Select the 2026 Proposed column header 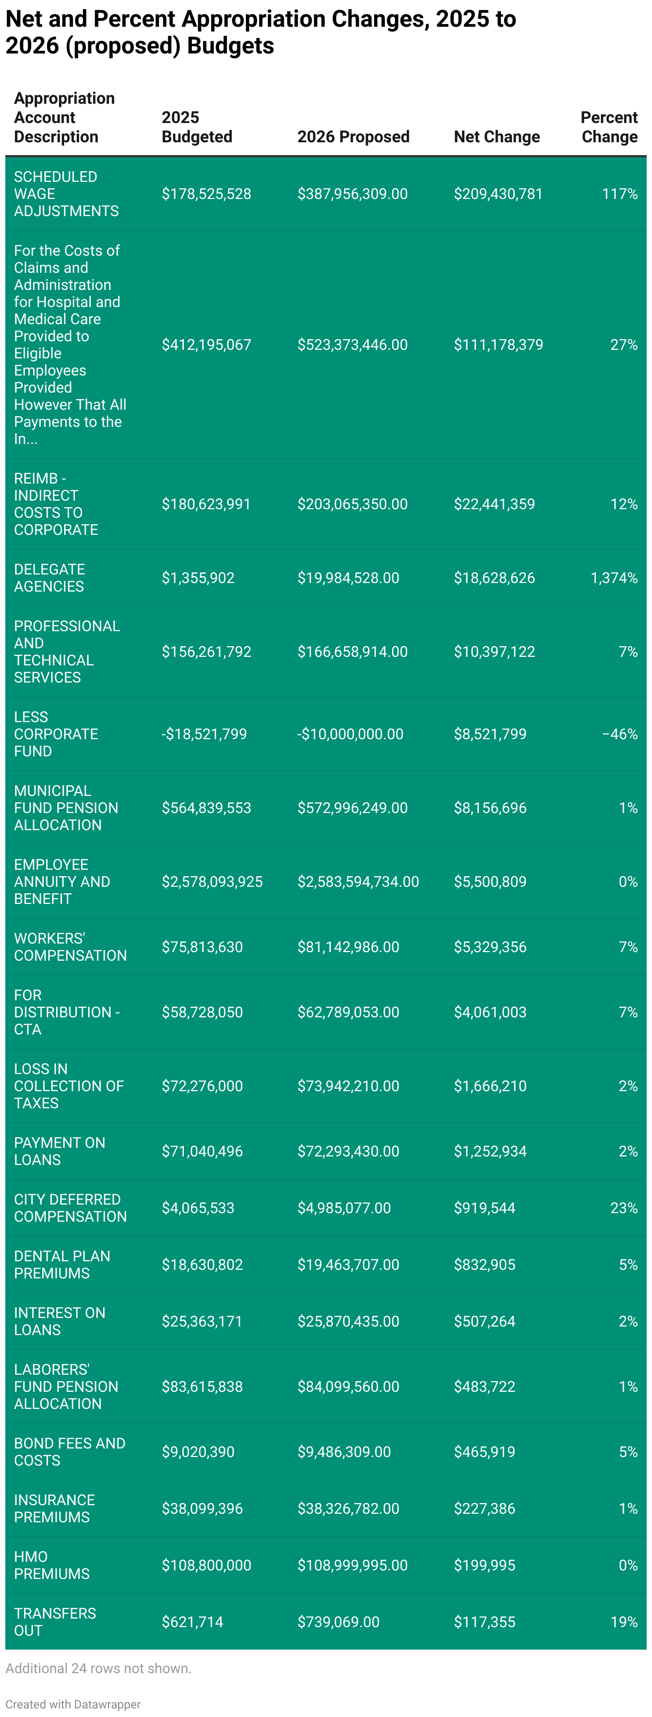click(x=353, y=136)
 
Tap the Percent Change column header click(x=609, y=127)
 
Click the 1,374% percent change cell click(x=614, y=578)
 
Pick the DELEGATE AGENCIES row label click(x=49, y=578)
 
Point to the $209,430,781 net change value click(x=498, y=194)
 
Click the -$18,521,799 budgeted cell click(x=204, y=734)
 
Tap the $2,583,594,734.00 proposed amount click(x=358, y=882)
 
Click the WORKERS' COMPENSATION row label click(x=70, y=947)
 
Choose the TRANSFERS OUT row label click(x=55, y=1622)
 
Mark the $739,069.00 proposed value click(x=338, y=1622)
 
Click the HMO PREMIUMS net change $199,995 click(x=484, y=1565)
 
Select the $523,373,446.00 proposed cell click(x=352, y=344)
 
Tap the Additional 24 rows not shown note click(x=98, y=1668)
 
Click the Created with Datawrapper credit click(x=73, y=1704)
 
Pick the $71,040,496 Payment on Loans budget click(x=202, y=1151)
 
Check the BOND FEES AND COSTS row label click(x=69, y=1452)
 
